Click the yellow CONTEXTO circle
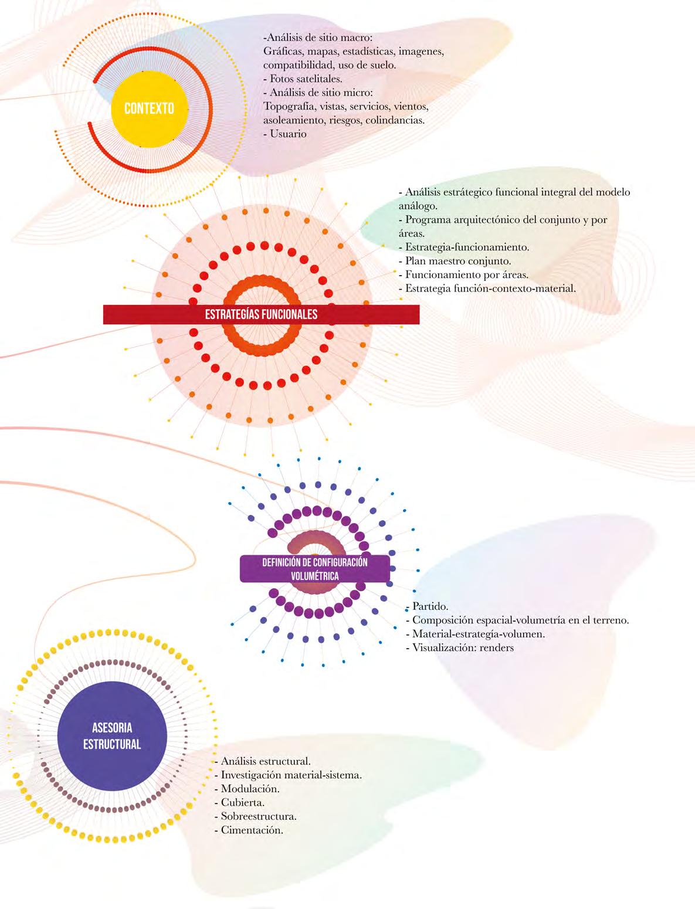[x=150, y=108]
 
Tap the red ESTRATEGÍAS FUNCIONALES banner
[x=261, y=314]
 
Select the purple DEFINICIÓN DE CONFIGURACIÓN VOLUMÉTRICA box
[x=315, y=569]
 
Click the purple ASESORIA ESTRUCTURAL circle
[x=112, y=736]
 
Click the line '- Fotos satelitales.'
[x=303, y=78]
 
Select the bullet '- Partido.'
[x=427, y=606]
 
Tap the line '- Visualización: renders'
[x=459, y=648]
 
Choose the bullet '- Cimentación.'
[x=249, y=830]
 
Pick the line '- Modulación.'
[x=247, y=789]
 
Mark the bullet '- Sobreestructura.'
[x=255, y=816]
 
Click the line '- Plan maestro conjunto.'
[x=455, y=261]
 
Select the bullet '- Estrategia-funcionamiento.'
[x=463, y=247]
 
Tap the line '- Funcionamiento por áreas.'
[x=463, y=274]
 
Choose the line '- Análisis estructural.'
[x=262, y=761]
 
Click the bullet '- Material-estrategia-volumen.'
[x=475, y=634]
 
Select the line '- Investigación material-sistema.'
[x=288, y=775]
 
